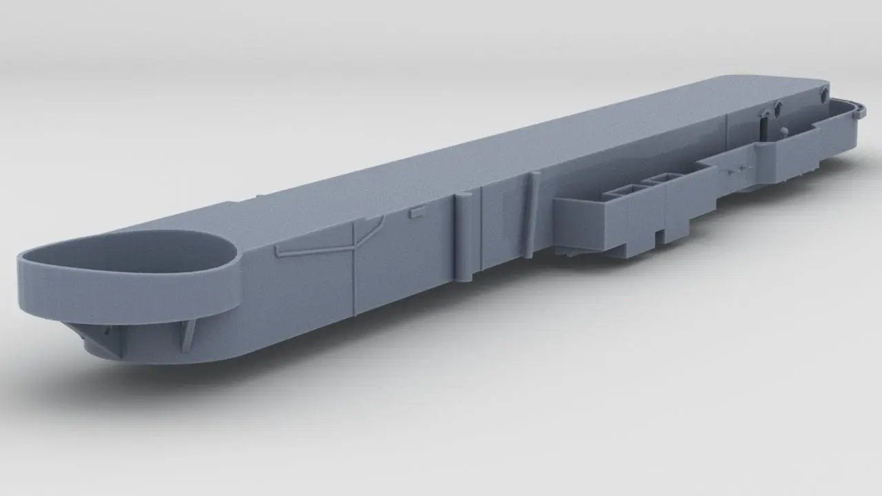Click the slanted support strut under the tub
(x=187, y=334)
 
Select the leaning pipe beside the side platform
(x=533, y=214)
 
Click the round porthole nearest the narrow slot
(x=778, y=109)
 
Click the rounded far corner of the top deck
(x=820, y=83)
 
